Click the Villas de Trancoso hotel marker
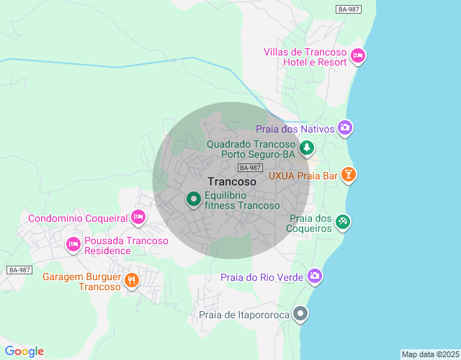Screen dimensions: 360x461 tap(358, 56)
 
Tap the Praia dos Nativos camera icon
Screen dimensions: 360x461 tap(345, 128)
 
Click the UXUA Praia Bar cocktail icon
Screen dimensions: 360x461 tap(349, 174)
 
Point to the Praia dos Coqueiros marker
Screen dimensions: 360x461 tap(343, 222)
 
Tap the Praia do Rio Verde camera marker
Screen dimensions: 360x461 tap(314, 276)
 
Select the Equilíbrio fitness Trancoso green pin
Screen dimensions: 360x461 tap(193, 199)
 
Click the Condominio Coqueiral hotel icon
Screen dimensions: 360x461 tap(138, 217)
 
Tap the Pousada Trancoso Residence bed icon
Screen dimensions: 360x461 tap(73, 245)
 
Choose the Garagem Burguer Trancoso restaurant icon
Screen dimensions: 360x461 tap(131, 280)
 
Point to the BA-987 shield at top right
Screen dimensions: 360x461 tap(349, 9)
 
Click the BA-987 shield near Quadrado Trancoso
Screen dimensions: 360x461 tap(250, 168)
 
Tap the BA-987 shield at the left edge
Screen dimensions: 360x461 tap(19, 270)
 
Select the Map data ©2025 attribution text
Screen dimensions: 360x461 tap(429, 354)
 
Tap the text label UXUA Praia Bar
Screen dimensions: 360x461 tap(303, 175)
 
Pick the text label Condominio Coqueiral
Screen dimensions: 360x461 tap(78, 218)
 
